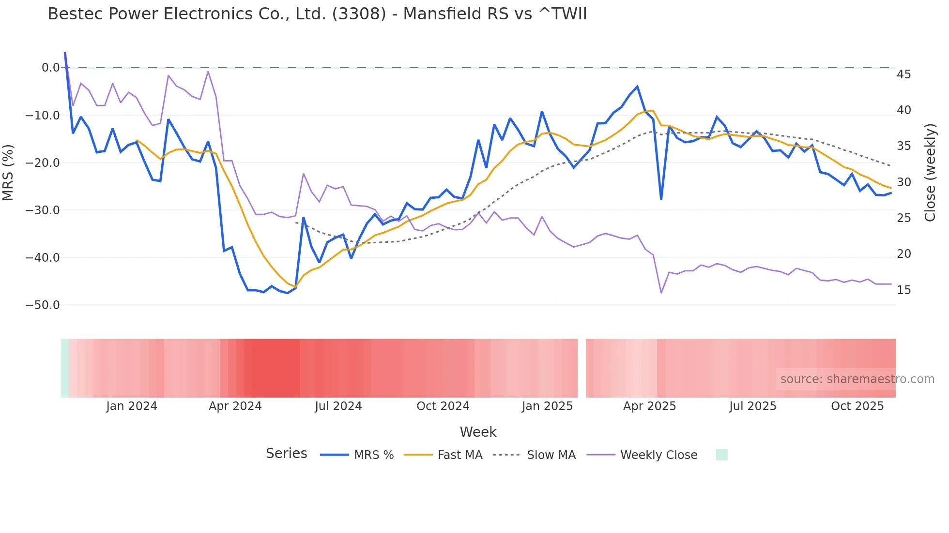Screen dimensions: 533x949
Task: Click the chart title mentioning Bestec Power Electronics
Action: point(317,14)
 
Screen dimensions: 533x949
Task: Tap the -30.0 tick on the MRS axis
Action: point(43,210)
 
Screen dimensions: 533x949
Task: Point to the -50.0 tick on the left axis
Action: point(43,305)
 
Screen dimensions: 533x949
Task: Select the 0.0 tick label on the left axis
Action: point(50,68)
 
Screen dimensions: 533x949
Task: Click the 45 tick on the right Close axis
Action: point(903,74)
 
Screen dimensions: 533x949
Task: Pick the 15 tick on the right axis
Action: point(903,290)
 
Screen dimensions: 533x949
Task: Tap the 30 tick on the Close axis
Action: point(903,182)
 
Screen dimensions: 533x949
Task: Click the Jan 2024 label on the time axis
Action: point(132,406)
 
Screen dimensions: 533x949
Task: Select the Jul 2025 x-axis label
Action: point(752,406)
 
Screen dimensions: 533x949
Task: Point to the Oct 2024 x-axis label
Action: point(443,406)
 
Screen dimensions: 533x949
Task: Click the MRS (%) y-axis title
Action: point(8,172)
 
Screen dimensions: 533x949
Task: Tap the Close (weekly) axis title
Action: point(930,173)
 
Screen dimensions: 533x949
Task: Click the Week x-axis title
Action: point(478,432)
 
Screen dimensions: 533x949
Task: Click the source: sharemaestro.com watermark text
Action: point(857,379)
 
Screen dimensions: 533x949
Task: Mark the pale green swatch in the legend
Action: point(721,455)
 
